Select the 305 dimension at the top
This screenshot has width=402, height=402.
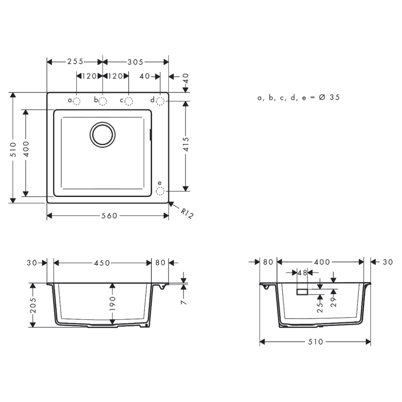135,62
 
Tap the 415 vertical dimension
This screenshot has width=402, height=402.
186,146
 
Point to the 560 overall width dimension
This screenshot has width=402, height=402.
108,216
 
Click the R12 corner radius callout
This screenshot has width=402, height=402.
186,214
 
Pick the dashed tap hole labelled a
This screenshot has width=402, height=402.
76,101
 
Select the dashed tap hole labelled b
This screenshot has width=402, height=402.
103,101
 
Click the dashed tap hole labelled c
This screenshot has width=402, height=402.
129,101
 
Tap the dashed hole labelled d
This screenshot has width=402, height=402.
160,101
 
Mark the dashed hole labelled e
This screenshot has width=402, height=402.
160,191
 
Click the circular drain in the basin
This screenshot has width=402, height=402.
103,135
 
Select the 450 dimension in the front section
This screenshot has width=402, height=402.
102,263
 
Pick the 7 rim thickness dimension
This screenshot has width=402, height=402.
184,302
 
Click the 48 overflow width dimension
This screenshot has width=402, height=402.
302,273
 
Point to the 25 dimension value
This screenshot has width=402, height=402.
320,307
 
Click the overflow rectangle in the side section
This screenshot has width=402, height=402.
302,291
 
